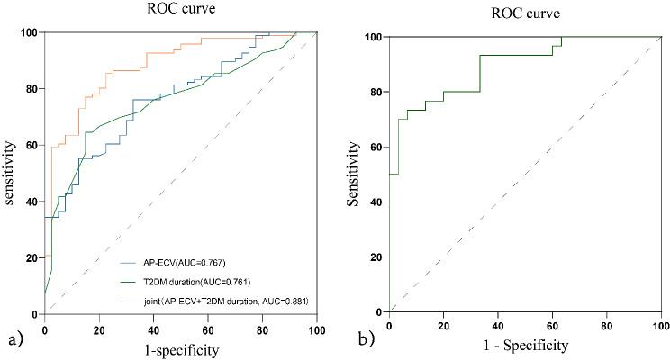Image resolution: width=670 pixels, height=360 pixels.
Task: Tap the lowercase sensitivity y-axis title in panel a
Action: (11, 173)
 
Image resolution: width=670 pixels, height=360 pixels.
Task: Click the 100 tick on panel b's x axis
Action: (660, 325)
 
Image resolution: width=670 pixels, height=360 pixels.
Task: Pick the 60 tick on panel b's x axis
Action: (552, 325)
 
